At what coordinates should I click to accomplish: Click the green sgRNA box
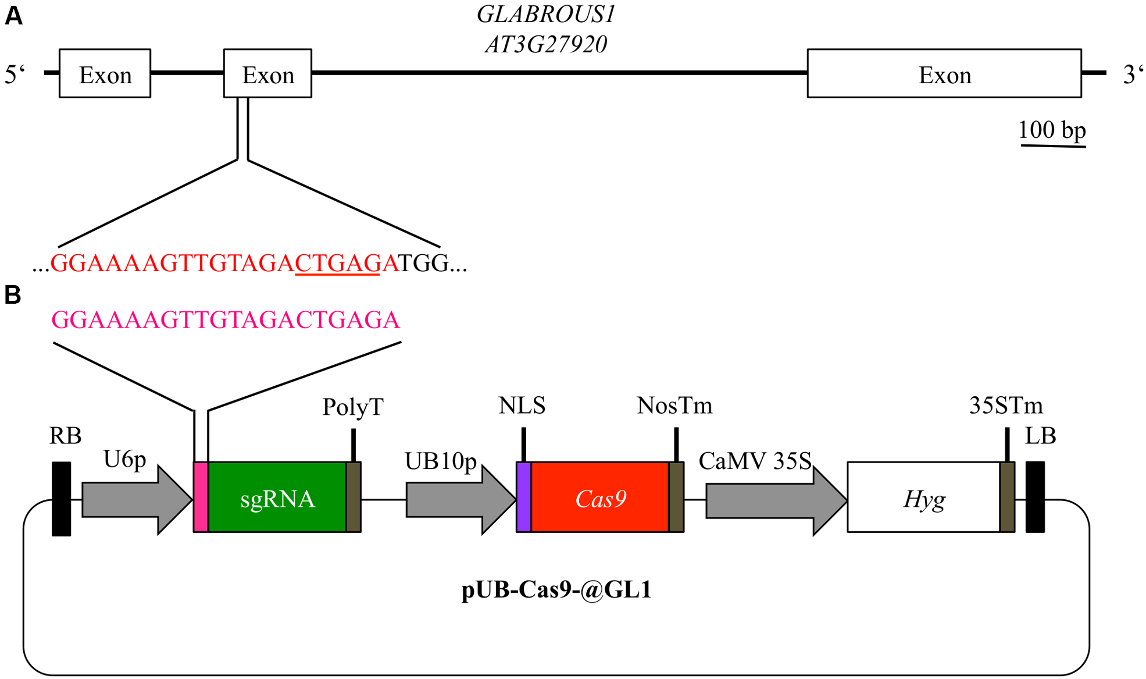(x=277, y=497)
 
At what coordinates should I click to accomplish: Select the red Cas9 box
(x=600, y=497)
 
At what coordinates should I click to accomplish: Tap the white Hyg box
(x=923, y=497)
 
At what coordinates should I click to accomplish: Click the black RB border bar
(x=61, y=499)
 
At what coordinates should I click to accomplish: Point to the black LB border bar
(x=1035, y=497)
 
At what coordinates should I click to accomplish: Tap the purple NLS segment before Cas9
(x=523, y=497)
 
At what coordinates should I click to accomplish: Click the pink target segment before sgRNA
(x=201, y=497)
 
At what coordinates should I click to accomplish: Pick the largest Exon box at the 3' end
(x=944, y=73)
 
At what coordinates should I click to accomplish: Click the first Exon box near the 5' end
(x=105, y=73)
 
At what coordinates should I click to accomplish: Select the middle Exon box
(x=267, y=73)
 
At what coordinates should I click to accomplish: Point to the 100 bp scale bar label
(x=1052, y=130)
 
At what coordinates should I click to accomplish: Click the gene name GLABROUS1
(x=545, y=15)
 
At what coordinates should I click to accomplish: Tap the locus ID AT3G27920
(x=545, y=44)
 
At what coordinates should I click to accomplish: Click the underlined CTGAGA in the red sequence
(x=338, y=264)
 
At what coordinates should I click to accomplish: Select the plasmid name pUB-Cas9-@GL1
(x=556, y=589)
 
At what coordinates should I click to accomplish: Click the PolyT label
(x=353, y=407)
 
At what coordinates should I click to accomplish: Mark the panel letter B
(x=13, y=295)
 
